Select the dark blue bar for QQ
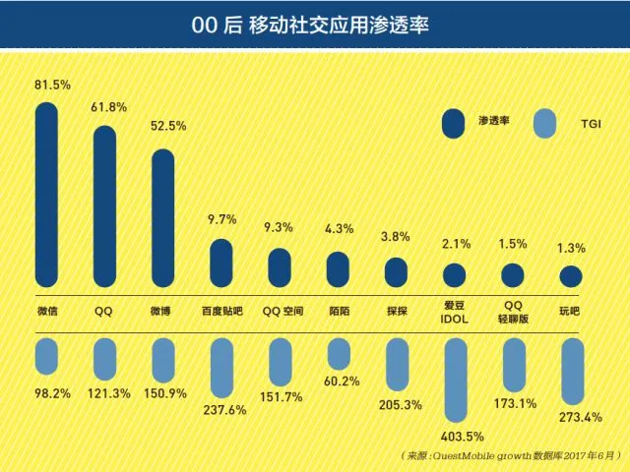pos(105,206)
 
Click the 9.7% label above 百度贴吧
pos(222,219)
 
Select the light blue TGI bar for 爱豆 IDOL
pos(455,379)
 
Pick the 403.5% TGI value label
pos(456,435)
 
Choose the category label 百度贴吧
pos(221,311)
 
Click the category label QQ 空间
pos(283,311)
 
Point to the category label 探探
pos(397,311)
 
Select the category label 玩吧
pos(571,311)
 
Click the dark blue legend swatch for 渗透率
pos(453,123)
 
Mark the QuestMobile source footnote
pos(512,456)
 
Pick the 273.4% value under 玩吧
pos(570,418)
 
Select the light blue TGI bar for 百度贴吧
pos(222,368)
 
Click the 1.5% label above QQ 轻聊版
pos(514,243)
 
